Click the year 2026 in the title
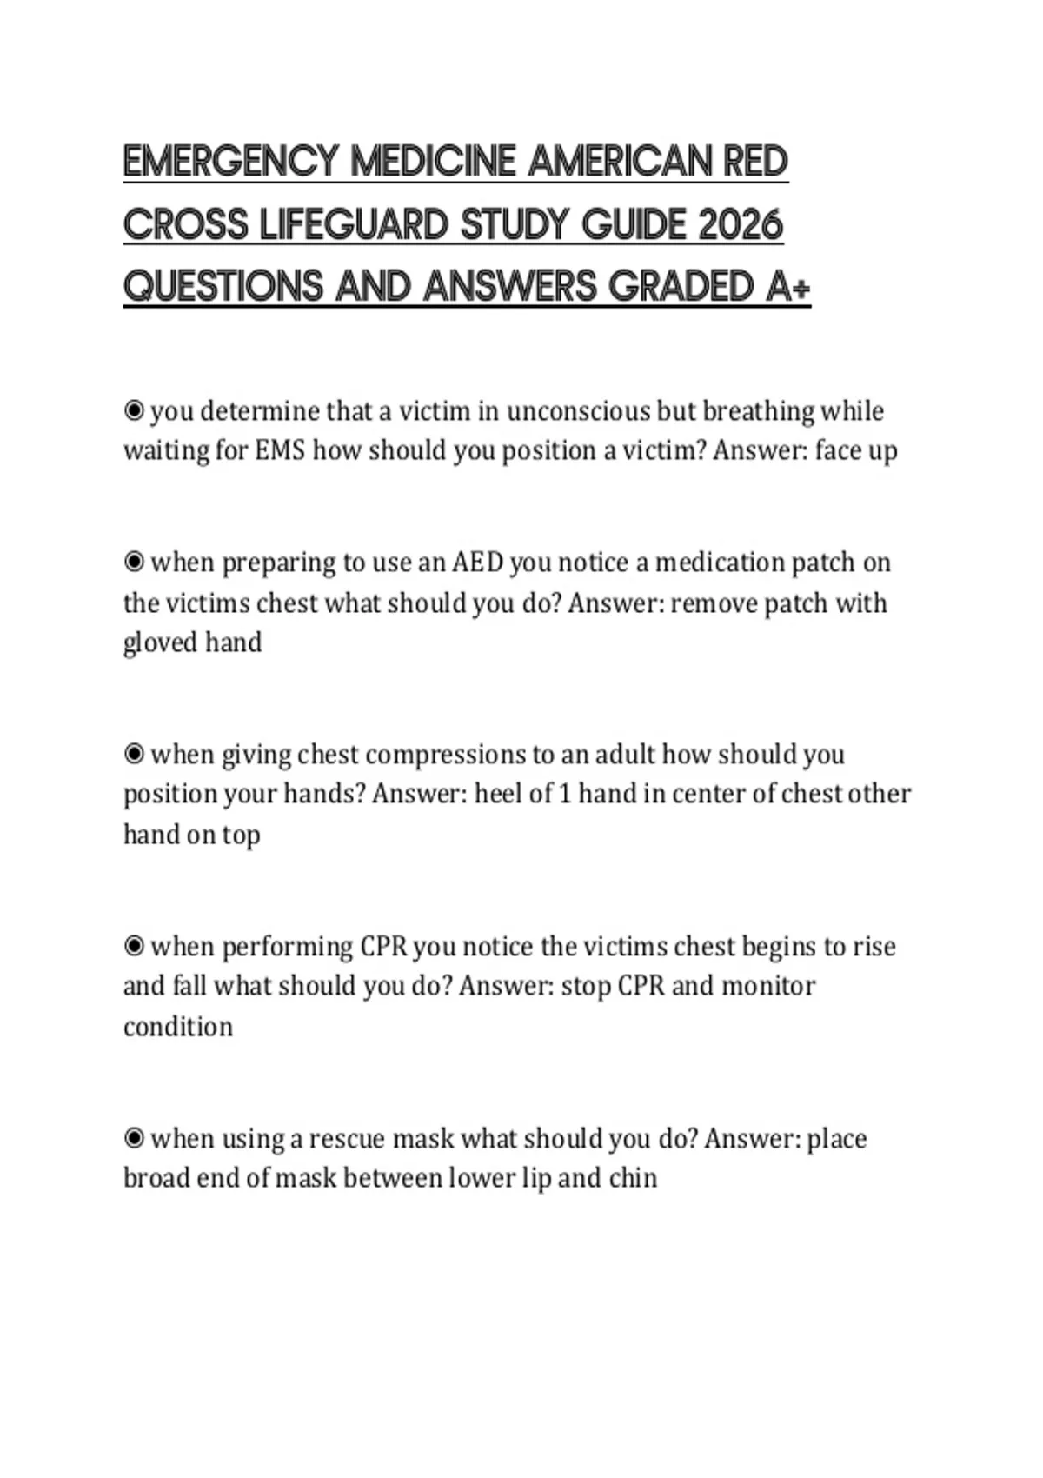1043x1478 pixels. [x=740, y=225]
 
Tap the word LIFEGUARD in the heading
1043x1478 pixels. [x=353, y=225]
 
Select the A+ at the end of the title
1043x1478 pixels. [x=788, y=287]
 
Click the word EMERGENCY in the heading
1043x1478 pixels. [x=230, y=163]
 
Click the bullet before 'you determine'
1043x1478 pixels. [x=134, y=410]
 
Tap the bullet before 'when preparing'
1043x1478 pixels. [x=134, y=563]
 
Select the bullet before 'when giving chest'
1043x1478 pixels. [x=134, y=754]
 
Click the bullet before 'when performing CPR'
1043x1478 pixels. [x=134, y=946]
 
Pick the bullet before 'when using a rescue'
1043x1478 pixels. [x=134, y=1138]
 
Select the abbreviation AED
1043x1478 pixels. [x=477, y=563]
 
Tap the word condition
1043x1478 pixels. [x=178, y=1027]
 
